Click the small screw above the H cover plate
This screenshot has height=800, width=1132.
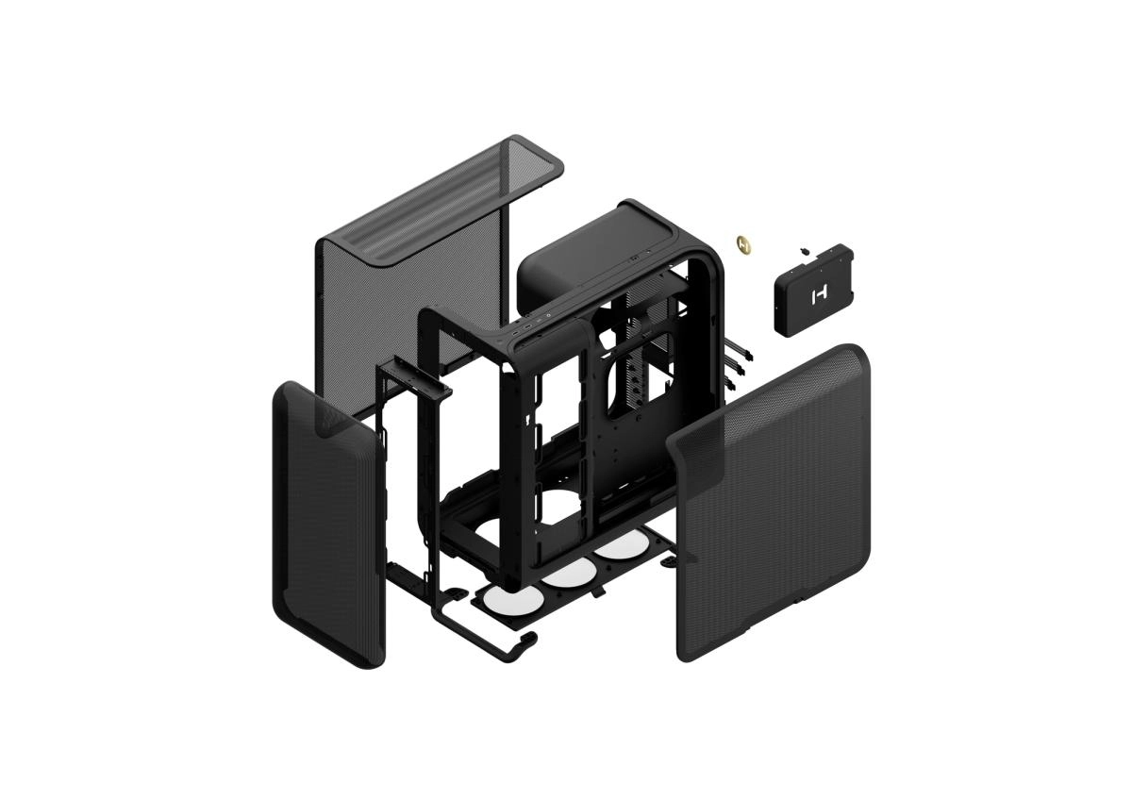[x=803, y=250]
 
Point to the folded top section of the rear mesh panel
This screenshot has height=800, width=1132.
[x=443, y=198]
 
